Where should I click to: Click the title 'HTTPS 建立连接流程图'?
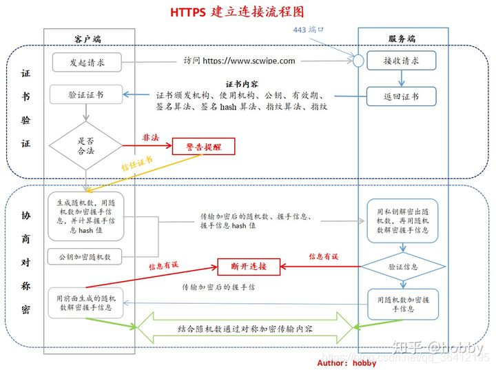pos(237,12)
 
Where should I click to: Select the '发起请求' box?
pos(86,62)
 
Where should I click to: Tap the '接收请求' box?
pos(401,61)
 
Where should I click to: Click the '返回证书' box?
pos(401,96)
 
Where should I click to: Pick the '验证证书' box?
pos(86,94)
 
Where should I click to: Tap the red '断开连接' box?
pos(242,266)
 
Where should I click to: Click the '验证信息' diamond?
pos(402,266)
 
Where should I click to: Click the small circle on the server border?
pos(358,61)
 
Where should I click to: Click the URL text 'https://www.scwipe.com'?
pos(249,61)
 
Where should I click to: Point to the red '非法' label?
pos(151,138)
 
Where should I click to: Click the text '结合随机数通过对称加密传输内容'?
pos(245,329)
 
